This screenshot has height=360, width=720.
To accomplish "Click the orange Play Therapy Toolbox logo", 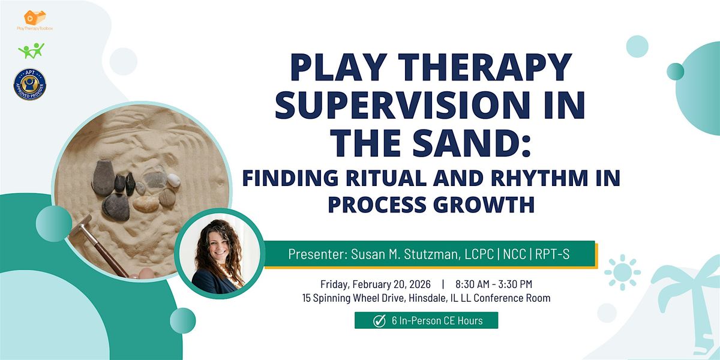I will click(x=35, y=18).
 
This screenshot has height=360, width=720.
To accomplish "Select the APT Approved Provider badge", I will click(x=30, y=83).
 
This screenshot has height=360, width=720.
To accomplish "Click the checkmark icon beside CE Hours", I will click(x=379, y=321).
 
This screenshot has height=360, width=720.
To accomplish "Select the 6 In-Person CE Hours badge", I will click(x=425, y=321).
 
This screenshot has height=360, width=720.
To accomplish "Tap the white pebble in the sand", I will click(x=173, y=179).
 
